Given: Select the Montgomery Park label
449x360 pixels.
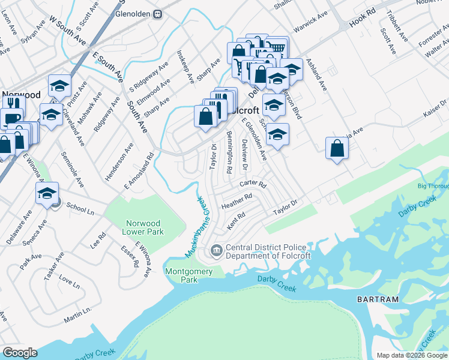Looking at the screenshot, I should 188,275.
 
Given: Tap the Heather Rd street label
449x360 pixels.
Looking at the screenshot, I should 237,201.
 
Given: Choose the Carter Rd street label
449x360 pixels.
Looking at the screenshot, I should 252,184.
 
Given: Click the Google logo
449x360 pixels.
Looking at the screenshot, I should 20,352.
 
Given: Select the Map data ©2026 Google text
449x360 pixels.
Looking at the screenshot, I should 411,355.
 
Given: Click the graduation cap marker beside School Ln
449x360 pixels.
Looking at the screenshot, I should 47,194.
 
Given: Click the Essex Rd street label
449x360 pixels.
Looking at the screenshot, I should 130,256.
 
